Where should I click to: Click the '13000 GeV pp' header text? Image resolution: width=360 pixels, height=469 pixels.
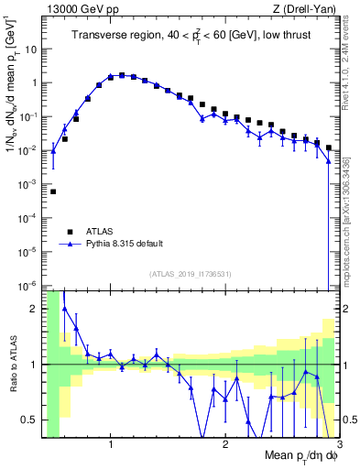point(80,10)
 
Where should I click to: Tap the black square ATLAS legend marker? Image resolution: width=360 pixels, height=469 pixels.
point(68,231)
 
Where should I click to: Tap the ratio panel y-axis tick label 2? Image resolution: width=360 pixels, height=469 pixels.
point(36,309)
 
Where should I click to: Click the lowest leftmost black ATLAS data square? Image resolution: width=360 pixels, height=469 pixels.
point(53,191)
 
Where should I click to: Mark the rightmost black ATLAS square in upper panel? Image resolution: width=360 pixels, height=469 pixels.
point(329,147)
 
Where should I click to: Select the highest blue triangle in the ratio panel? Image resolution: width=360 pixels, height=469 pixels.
point(64,309)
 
